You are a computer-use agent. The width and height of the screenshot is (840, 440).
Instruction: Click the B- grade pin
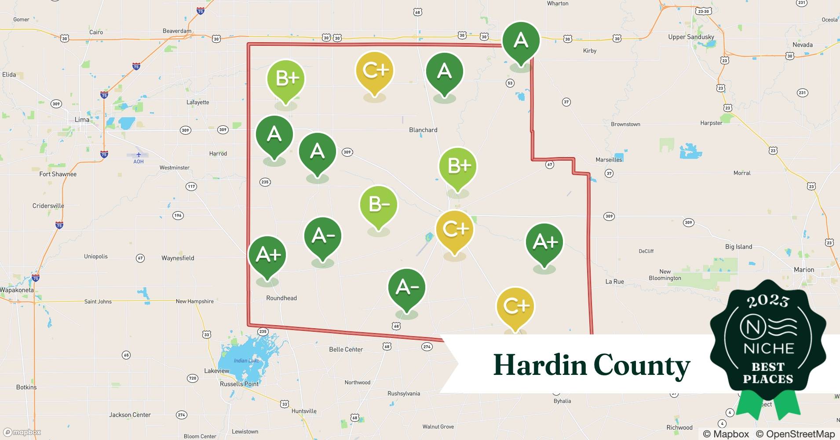tap(378, 205)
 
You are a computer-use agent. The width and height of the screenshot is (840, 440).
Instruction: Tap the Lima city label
tap(82, 120)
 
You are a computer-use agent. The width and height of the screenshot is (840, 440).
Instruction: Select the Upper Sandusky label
tap(691, 37)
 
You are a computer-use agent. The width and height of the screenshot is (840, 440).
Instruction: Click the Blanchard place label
tap(423, 130)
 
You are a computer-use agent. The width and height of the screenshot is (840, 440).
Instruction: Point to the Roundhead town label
tap(281, 298)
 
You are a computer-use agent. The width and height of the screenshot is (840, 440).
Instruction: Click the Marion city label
tap(803, 270)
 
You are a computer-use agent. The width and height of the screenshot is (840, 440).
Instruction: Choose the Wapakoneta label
tap(17, 290)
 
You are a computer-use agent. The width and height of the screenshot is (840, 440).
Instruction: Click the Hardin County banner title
tap(592, 365)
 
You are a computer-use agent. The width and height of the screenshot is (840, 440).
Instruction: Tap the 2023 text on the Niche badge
tap(768, 301)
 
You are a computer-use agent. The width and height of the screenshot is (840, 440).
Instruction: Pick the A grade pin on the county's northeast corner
tap(521, 40)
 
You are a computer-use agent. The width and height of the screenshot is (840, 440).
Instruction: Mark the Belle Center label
tap(346, 349)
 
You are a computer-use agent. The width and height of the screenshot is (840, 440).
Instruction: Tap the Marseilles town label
tap(609, 160)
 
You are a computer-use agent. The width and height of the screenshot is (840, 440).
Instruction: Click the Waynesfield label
tap(178, 258)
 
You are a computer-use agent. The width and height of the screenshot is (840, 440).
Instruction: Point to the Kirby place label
tap(590, 51)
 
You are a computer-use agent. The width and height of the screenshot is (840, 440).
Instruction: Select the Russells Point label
tap(239, 384)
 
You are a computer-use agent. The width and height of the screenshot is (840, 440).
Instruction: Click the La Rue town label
tap(614, 282)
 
